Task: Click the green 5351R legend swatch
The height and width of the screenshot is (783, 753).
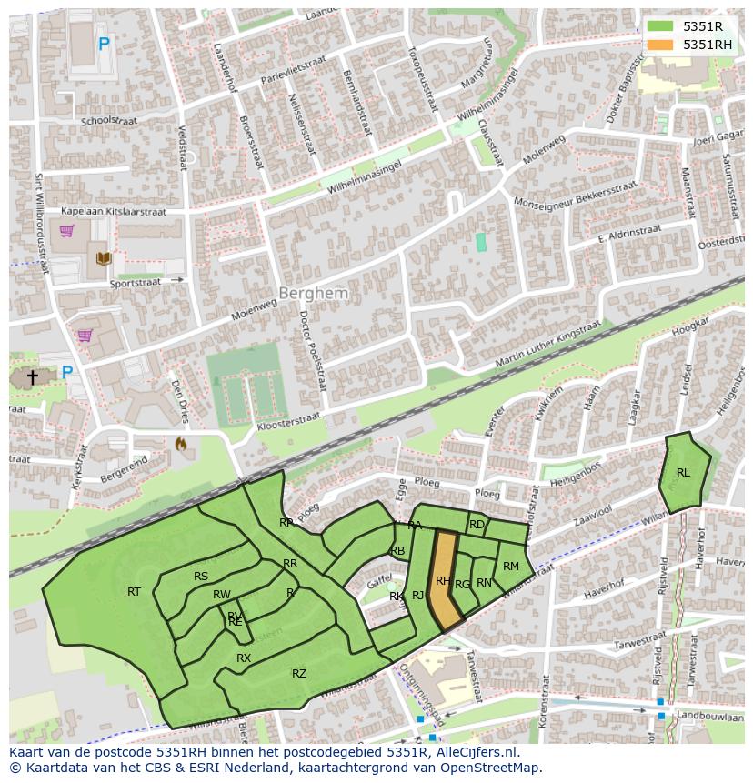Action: click(x=660, y=26)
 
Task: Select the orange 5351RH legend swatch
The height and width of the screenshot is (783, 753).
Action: click(x=660, y=45)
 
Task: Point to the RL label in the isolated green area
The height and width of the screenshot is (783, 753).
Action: click(x=683, y=472)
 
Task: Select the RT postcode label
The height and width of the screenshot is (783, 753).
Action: click(x=134, y=591)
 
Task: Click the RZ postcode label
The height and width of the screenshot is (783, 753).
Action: click(x=299, y=673)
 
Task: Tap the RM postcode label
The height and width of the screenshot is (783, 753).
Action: click(x=511, y=567)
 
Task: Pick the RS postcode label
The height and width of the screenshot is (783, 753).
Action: click(x=201, y=576)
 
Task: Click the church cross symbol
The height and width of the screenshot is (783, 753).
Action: click(x=33, y=376)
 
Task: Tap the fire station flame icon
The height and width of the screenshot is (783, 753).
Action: click(x=180, y=445)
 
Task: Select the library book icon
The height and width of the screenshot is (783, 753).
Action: click(x=103, y=258)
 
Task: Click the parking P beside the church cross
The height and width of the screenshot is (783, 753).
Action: click(x=66, y=372)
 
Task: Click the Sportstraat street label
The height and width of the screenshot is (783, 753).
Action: click(x=136, y=282)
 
